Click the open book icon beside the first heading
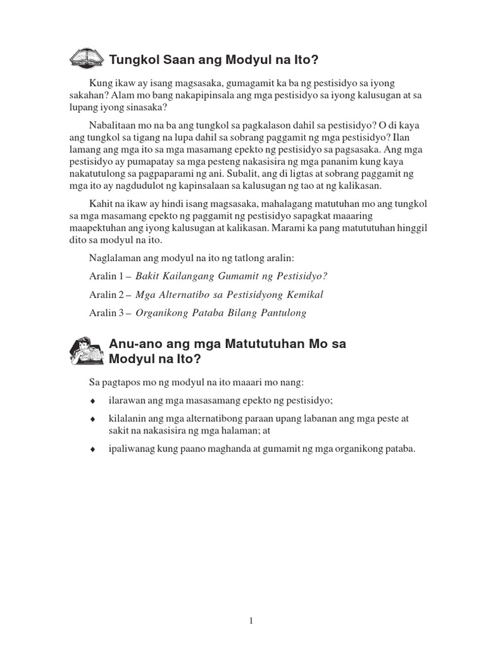click(x=87, y=59)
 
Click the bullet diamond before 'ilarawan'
click(x=92, y=401)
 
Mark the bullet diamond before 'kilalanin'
click(x=92, y=420)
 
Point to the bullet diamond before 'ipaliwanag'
click(x=92, y=449)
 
